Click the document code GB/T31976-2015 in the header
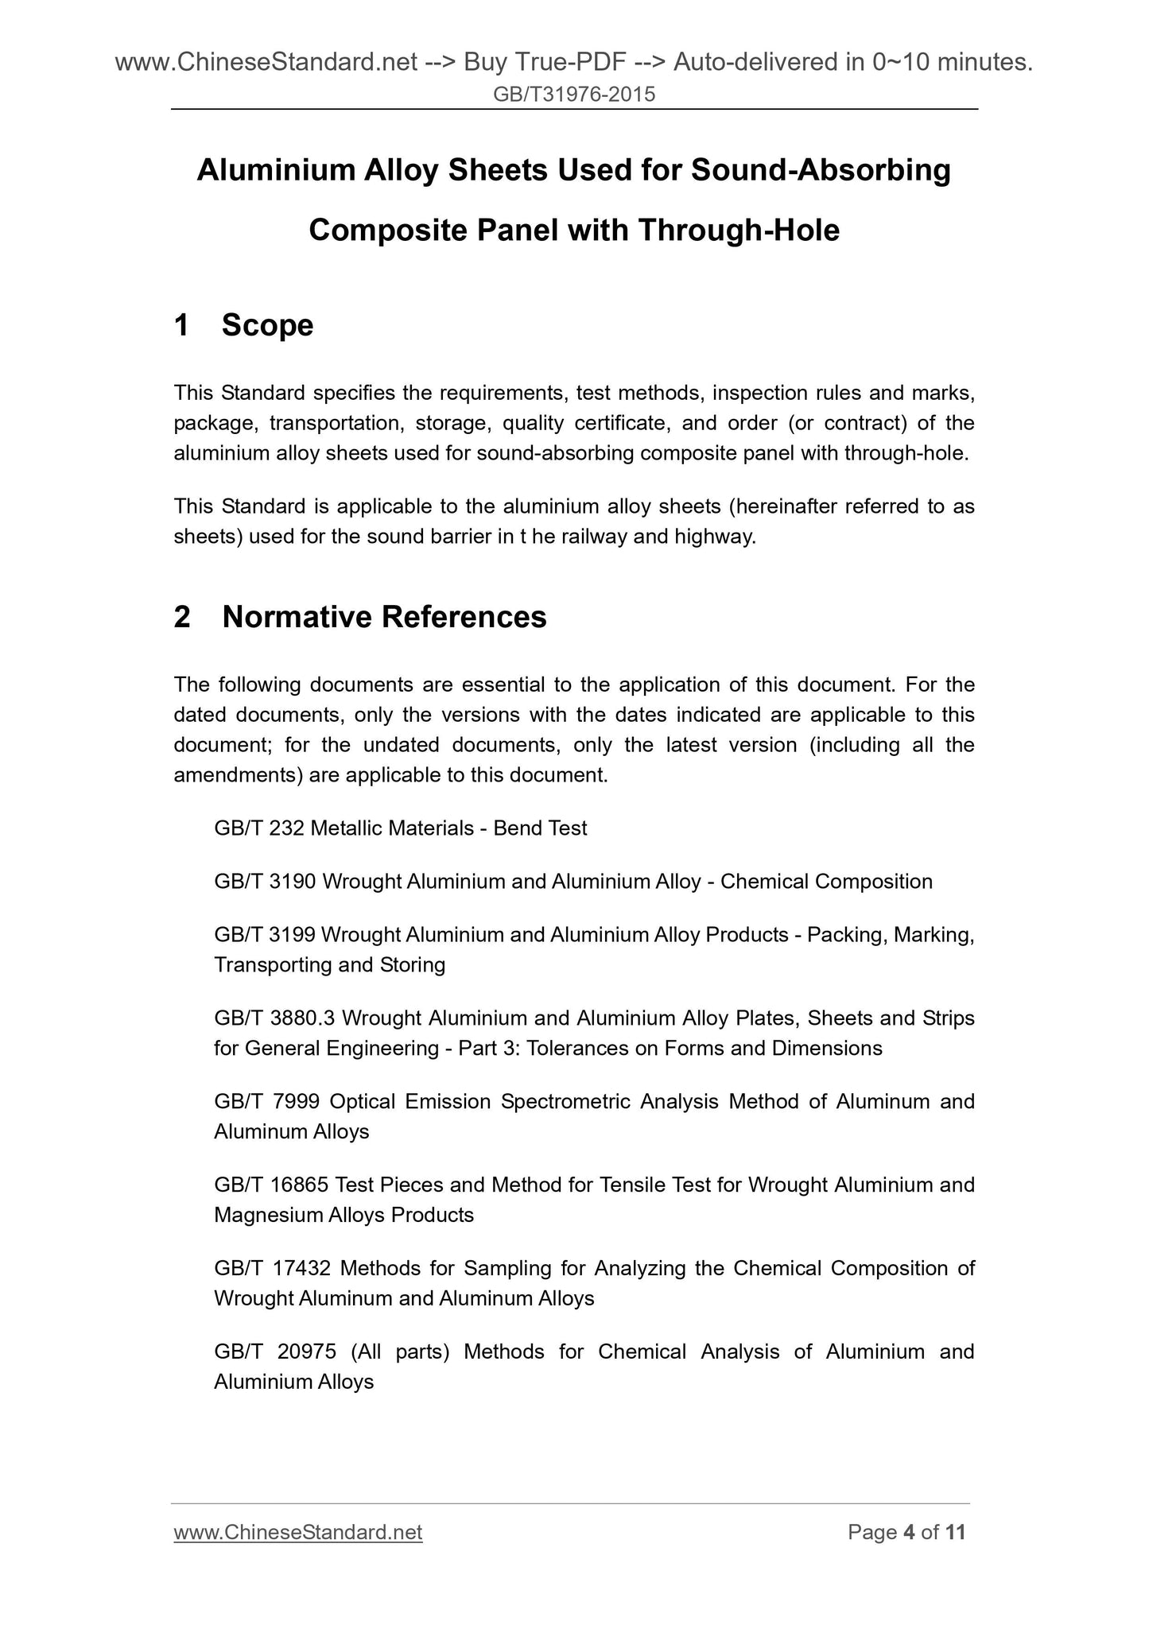pos(574,95)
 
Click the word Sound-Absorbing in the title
pos(821,170)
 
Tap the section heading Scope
pos(267,325)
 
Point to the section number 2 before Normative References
pos(182,617)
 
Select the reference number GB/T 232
pos(259,828)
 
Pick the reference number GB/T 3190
pos(266,882)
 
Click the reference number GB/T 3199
pos(266,935)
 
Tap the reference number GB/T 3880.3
pos(274,1018)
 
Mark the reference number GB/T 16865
pos(271,1185)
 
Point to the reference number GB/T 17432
pos(271,1269)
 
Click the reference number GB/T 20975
pos(271,1352)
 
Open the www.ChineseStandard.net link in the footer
pos(297,1532)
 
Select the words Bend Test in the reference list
pos(540,828)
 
